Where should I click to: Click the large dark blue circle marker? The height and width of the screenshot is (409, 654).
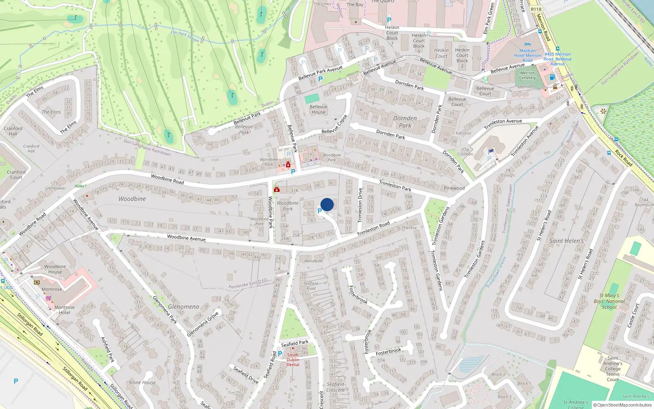[327, 204]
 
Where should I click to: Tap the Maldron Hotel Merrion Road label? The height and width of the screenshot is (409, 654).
[527, 56]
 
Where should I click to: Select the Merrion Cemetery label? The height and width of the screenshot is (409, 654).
[527, 75]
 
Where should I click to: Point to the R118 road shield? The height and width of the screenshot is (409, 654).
[536, 9]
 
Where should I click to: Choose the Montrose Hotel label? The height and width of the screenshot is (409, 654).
[64, 310]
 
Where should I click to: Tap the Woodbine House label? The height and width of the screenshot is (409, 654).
[55, 269]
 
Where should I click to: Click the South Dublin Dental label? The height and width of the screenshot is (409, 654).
[293, 360]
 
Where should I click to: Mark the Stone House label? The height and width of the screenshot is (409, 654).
[142, 382]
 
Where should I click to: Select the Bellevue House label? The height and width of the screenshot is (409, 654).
[318, 109]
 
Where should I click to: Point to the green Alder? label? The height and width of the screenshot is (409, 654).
[81, 186]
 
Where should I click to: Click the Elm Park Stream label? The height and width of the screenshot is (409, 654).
[185, 36]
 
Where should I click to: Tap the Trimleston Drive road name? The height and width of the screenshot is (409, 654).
[360, 205]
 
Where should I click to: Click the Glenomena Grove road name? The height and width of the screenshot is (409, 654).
[203, 324]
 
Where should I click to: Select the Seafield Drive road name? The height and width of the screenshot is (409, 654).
[246, 375]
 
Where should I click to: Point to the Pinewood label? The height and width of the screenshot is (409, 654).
[454, 188]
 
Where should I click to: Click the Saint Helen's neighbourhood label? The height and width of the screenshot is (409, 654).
[566, 241]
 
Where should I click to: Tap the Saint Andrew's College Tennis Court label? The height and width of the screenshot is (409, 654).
[613, 369]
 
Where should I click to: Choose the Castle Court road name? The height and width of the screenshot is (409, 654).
[633, 315]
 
